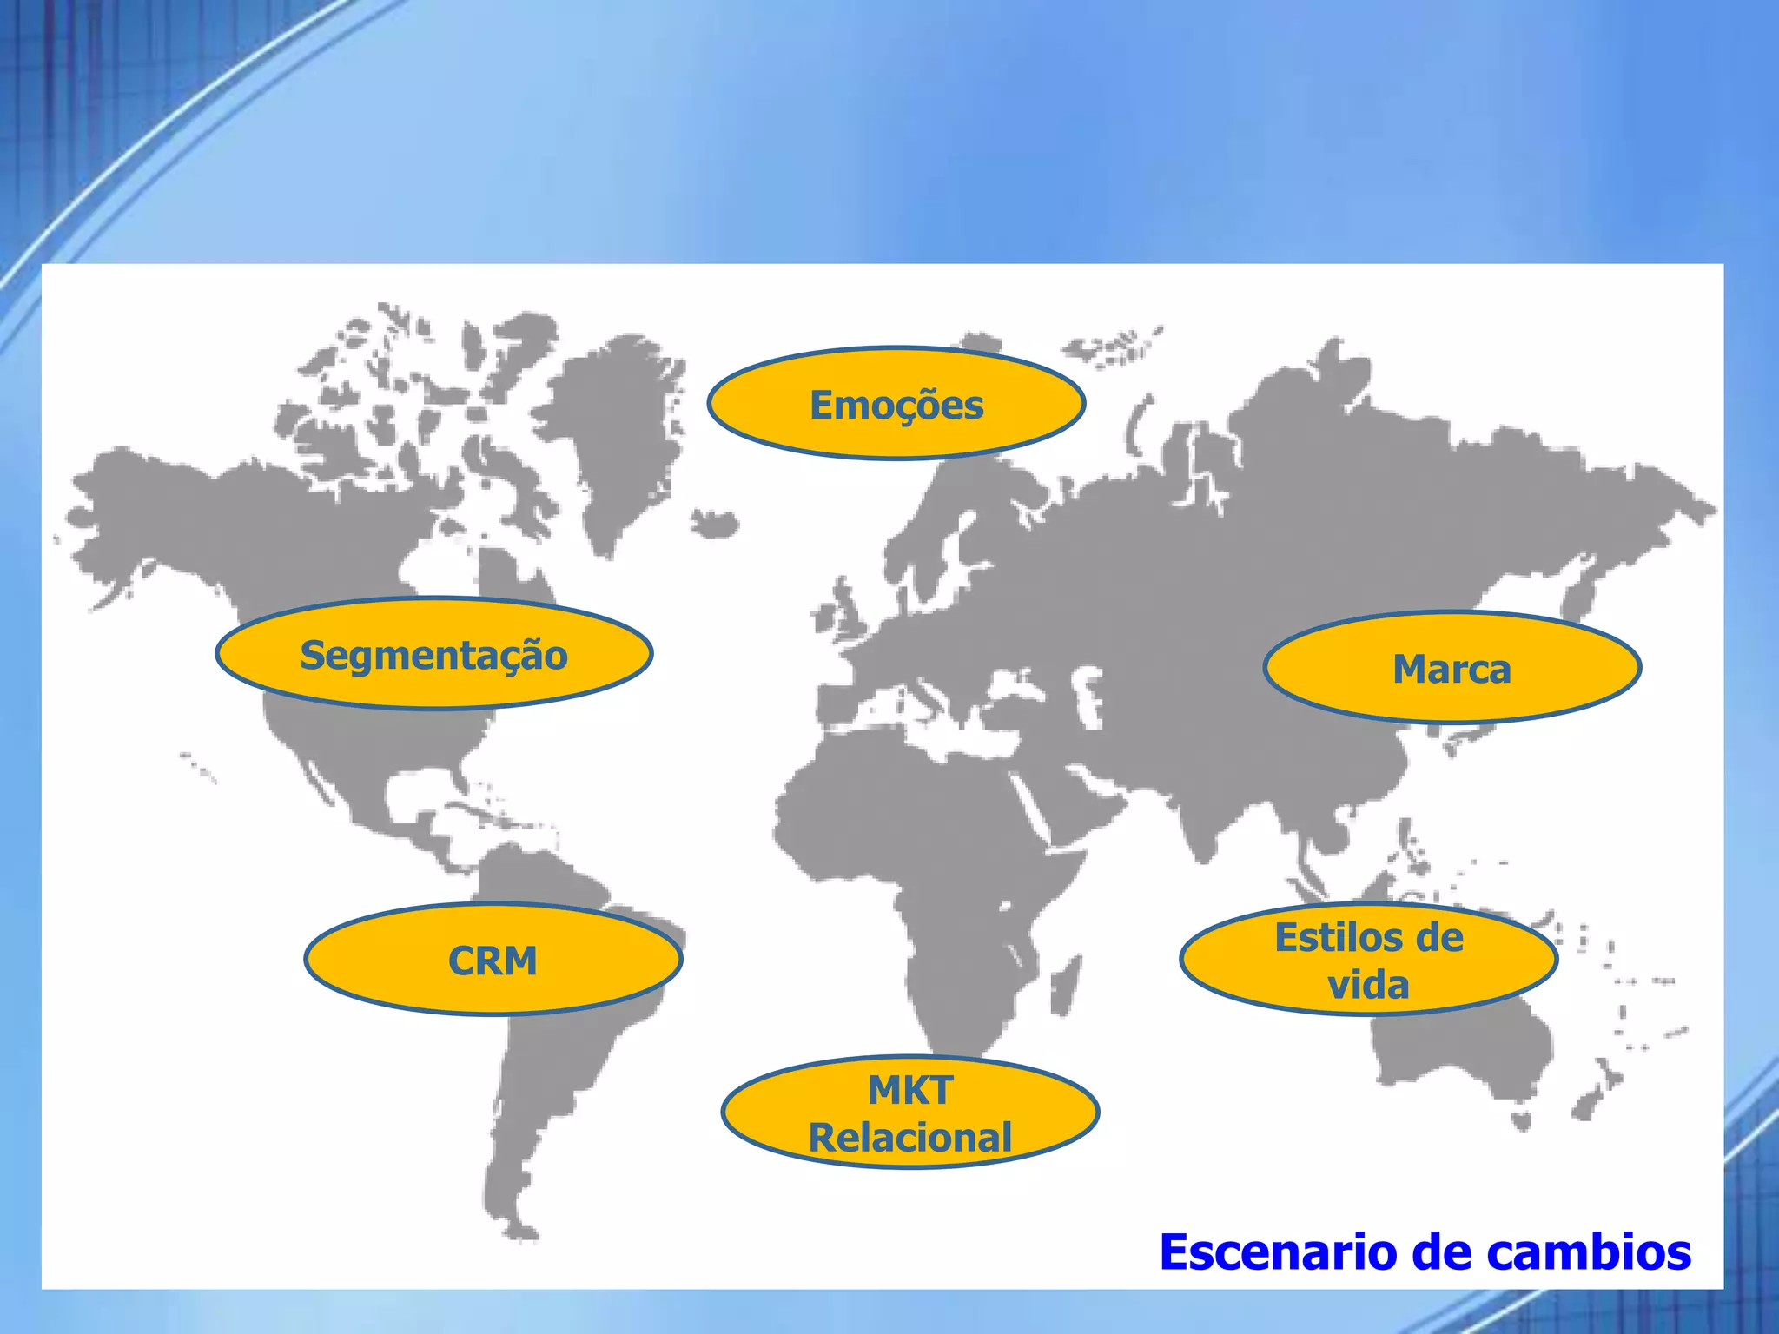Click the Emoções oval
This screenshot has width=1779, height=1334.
pyautogui.click(x=896, y=404)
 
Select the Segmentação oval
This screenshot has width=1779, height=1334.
pyautogui.click(x=433, y=654)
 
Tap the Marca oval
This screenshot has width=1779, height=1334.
pyautogui.click(x=1452, y=668)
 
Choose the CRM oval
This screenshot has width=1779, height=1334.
pyautogui.click(x=493, y=960)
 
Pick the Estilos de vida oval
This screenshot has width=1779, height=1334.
pyautogui.click(x=1368, y=960)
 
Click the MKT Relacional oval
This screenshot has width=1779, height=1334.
pyautogui.click(x=909, y=1113)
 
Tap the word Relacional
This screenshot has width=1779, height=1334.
pyautogui.click(x=909, y=1138)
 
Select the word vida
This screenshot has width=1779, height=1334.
pyautogui.click(x=1368, y=985)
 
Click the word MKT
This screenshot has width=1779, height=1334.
pyautogui.click(x=909, y=1090)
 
